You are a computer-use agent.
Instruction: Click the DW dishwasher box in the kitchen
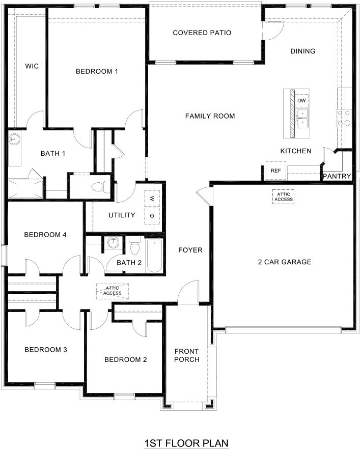[301, 100]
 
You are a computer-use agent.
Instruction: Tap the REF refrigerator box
[275, 171]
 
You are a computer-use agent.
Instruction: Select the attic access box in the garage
[283, 196]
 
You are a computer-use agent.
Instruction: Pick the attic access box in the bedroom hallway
[112, 291]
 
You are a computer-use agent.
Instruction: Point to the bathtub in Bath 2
[154, 256]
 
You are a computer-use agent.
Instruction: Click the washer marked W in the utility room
[152, 199]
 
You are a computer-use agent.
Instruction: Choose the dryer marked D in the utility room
[152, 216]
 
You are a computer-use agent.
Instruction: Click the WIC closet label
[32, 66]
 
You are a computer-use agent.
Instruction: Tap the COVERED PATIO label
[202, 33]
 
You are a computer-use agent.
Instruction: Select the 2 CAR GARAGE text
[284, 262]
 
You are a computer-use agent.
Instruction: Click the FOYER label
[190, 250]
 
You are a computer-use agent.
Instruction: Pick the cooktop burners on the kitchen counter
[343, 118]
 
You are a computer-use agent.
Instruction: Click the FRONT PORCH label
[186, 355]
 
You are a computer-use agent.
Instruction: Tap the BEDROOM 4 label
[45, 235]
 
